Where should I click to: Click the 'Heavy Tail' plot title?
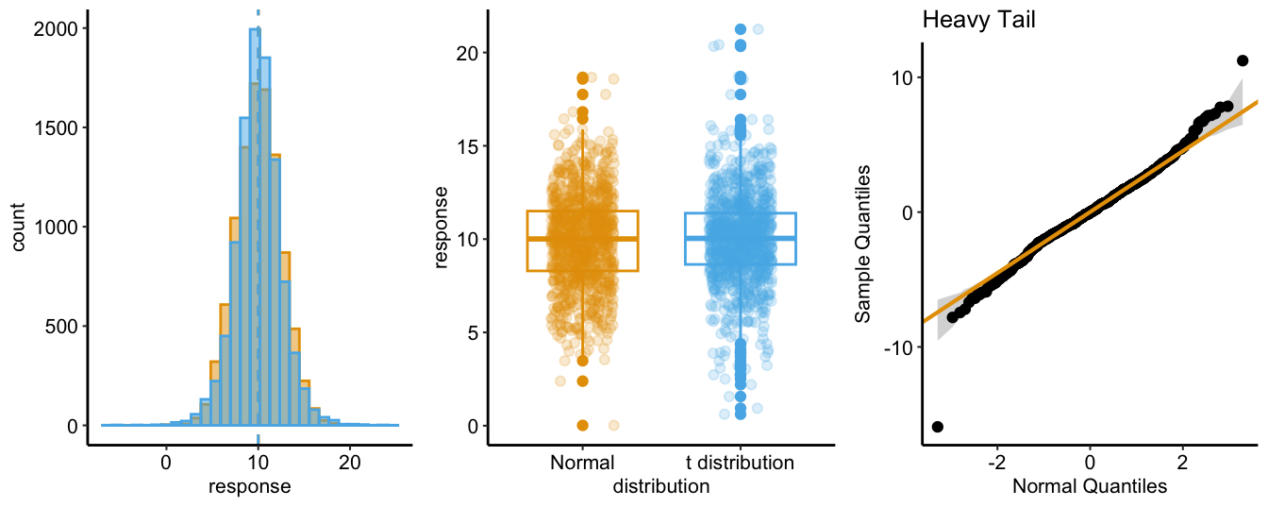978,19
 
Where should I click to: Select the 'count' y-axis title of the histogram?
20,227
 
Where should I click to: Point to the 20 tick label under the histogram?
349,464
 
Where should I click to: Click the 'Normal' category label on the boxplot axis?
582,464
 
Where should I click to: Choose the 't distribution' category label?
740,464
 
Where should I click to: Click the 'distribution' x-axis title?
660,487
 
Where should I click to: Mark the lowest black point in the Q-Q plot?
937,427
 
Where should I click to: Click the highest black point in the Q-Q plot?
1243,60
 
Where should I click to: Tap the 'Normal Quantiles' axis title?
1090,487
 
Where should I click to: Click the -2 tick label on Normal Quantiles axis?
996,464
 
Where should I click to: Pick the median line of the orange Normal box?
582,239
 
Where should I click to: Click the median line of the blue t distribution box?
741,238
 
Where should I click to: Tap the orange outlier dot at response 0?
583,425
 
